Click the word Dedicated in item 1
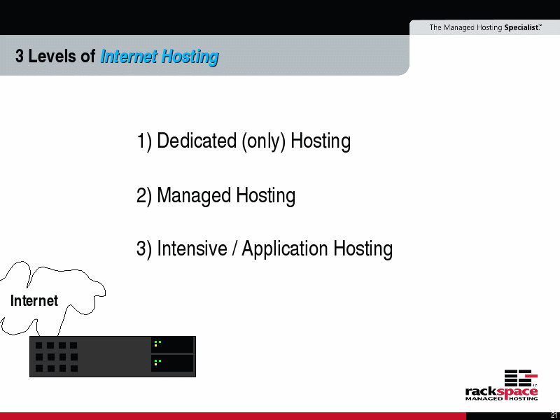(x=197, y=141)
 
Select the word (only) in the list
(x=264, y=141)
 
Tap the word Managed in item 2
(x=194, y=196)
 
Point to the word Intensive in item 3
(x=192, y=248)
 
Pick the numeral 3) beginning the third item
(x=144, y=249)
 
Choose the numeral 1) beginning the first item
(x=144, y=141)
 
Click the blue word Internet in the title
(x=129, y=57)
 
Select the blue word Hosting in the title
(x=190, y=57)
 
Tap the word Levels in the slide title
(x=62, y=56)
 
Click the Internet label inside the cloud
(x=34, y=301)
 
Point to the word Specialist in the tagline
(x=521, y=27)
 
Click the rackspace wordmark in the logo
(x=501, y=392)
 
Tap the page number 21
(x=554, y=416)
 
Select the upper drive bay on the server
(x=172, y=344)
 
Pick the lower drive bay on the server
(x=172, y=363)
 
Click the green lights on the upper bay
(x=157, y=344)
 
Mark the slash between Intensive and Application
(x=234, y=248)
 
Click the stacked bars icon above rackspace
(x=521, y=378)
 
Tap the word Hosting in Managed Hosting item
(x=265, y=196)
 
